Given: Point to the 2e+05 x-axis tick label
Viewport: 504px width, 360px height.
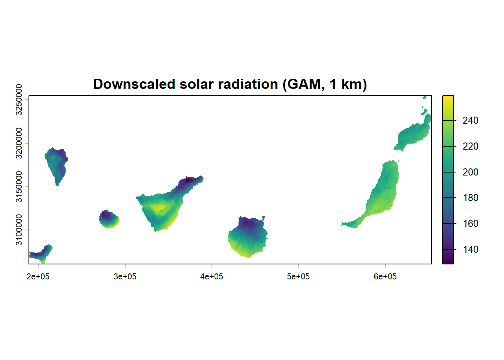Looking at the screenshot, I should point(38,277).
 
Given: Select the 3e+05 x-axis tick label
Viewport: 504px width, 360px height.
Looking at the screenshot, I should point(125,277).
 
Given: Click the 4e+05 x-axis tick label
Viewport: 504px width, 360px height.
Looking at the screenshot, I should point(211,277).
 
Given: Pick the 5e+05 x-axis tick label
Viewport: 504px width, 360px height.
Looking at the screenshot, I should point(298,277).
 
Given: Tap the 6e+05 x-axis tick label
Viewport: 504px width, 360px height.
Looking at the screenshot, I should point(385,277).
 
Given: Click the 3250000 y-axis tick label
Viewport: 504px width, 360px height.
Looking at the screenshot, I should point(19,100).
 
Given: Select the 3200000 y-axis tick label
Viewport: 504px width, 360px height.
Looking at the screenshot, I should point(19,143).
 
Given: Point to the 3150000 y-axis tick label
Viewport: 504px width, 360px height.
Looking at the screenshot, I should point(19,187).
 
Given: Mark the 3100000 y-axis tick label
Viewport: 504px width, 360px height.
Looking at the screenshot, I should point(19,230).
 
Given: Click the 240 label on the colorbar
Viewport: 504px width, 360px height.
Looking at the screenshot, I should point(470,120).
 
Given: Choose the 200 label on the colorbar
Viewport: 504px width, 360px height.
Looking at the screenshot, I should point(470,172).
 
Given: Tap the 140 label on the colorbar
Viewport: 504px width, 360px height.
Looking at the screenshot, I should point(470,249).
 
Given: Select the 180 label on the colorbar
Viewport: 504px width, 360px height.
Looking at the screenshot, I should point(470,198).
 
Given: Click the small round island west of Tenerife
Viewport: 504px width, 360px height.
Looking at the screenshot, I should point(109,219).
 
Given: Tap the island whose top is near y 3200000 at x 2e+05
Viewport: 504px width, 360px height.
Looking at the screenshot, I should point(56,163).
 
